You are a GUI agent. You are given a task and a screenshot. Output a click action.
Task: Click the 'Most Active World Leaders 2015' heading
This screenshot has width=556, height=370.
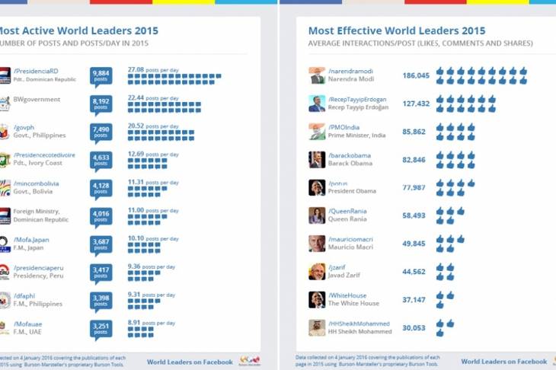click(x=75, y=31)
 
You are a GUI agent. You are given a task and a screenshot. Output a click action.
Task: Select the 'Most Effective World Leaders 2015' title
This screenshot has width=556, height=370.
click(x=396, y=31)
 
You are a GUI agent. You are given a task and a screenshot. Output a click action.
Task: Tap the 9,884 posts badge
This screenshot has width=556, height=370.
click(x=101, y=75)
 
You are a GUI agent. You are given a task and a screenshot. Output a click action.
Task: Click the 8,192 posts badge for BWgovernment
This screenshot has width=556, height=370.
click(x=101, y=104)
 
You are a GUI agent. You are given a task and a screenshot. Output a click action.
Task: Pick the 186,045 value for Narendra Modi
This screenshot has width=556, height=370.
click(x=416, y=76)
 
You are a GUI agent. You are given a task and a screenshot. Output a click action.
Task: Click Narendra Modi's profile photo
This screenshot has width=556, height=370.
click(x=317, y=75)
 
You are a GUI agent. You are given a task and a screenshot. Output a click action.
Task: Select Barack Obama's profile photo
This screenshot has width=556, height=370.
click(x=317, y=159)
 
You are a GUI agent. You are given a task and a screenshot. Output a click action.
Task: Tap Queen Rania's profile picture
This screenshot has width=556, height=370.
click(x=317, y=215)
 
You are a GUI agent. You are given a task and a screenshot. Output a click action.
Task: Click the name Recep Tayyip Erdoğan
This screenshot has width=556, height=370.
click(x=358, y=108)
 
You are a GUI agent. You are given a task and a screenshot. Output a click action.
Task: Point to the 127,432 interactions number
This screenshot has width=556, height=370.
click(x=416, y=104)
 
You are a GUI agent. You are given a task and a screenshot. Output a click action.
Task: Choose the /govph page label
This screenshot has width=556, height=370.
click(x=24, y=127)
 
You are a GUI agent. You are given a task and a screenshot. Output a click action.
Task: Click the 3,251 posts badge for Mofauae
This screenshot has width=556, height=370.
click(x=101, y=327)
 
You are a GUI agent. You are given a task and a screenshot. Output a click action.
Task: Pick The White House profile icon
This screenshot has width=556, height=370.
click(x=317, y=299)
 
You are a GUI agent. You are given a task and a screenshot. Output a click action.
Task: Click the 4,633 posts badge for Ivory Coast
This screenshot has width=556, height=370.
click(x=101, y=160)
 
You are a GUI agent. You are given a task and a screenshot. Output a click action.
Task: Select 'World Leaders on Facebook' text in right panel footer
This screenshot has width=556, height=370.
click(x=503, y=362)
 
